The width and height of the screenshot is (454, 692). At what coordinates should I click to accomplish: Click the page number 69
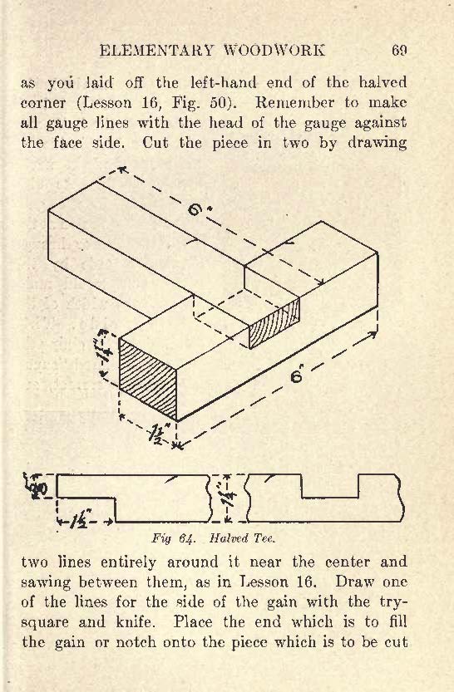pyautogui.click(x=398, y=51)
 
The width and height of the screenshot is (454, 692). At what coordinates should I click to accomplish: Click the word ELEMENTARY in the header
pyautogui.click(x=156, y=51)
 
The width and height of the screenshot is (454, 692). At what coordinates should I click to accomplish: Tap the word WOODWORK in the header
pyautogui.click(x=274, y=51)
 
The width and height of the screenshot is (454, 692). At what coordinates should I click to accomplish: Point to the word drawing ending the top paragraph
pyautogui.click(x=378, y=144)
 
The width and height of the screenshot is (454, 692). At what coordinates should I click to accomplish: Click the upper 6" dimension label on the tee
pyautogui.click(x=196, y=208)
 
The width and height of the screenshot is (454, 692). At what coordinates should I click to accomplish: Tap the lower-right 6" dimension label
pyautogui.click(x=297, y=376)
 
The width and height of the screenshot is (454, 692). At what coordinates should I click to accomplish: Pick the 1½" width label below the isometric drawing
pyautogui.click(x=160, y=437)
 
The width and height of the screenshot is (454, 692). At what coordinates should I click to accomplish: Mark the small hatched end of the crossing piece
pyautogui.click(x=274, y=323)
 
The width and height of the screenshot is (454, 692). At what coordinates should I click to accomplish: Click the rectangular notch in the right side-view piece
pyautogui.click(x=329, y=486)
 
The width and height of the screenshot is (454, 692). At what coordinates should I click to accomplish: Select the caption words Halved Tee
pyautogui.click(x=242, y=538)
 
